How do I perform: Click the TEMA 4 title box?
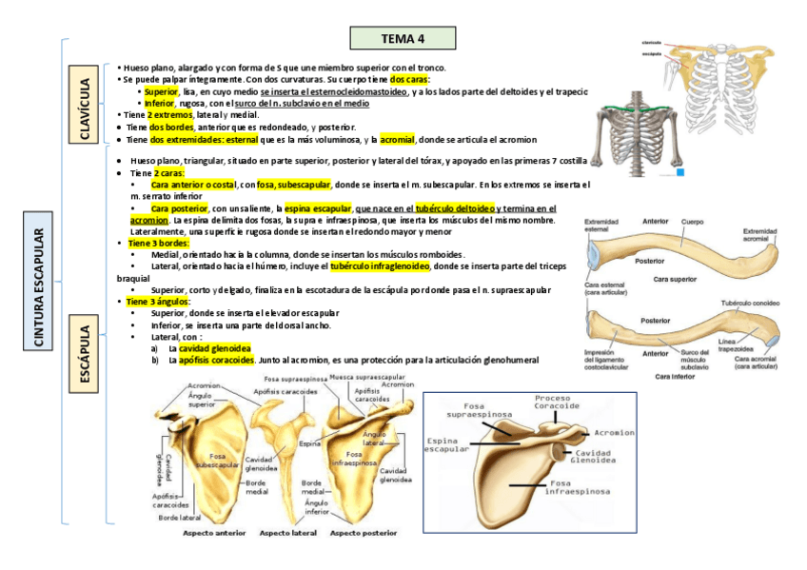403,38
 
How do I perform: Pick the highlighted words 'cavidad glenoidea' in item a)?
215,348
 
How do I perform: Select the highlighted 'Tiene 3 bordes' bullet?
158,244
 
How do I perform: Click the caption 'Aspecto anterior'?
214,534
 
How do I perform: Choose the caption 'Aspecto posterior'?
364,534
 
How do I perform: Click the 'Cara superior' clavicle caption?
676,279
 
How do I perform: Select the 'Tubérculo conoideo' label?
750,304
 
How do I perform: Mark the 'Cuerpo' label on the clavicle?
693,222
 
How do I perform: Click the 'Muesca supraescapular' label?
367,378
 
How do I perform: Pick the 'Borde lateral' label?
180,518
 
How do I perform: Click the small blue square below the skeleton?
680,172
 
